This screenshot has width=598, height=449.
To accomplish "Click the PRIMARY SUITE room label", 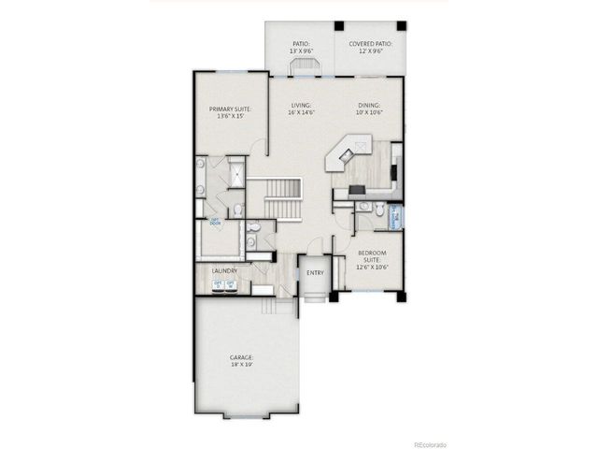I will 228,109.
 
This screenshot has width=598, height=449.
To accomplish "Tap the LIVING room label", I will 300,106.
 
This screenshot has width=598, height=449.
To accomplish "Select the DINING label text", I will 368,106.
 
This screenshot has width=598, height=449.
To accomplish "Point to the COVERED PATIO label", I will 371,43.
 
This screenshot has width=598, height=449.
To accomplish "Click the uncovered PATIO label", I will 300,43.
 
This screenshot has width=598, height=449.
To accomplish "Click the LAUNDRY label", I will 225,271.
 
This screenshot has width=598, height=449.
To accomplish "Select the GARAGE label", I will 243,357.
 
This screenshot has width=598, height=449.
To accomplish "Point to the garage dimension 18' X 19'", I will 243,365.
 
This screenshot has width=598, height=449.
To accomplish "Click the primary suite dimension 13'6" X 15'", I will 228,117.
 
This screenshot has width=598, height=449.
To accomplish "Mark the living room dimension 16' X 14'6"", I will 300,113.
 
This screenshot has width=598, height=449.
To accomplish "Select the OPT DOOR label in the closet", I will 216,224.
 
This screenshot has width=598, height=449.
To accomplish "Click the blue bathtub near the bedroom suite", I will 395,217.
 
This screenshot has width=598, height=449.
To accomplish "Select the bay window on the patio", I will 301,67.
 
